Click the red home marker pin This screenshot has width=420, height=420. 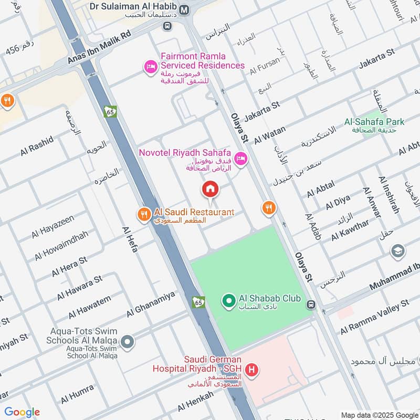pos(210,188)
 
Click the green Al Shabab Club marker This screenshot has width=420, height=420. pos(228,301)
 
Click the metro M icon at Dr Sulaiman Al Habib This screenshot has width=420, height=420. pos(184,9)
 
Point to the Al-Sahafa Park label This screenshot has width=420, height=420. pos(374,122)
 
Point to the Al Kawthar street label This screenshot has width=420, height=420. pos(350,230)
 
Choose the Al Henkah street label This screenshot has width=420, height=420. pos(195,402)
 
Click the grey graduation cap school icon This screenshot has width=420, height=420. pos(398,251)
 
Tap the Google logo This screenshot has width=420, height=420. pos(22,412)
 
